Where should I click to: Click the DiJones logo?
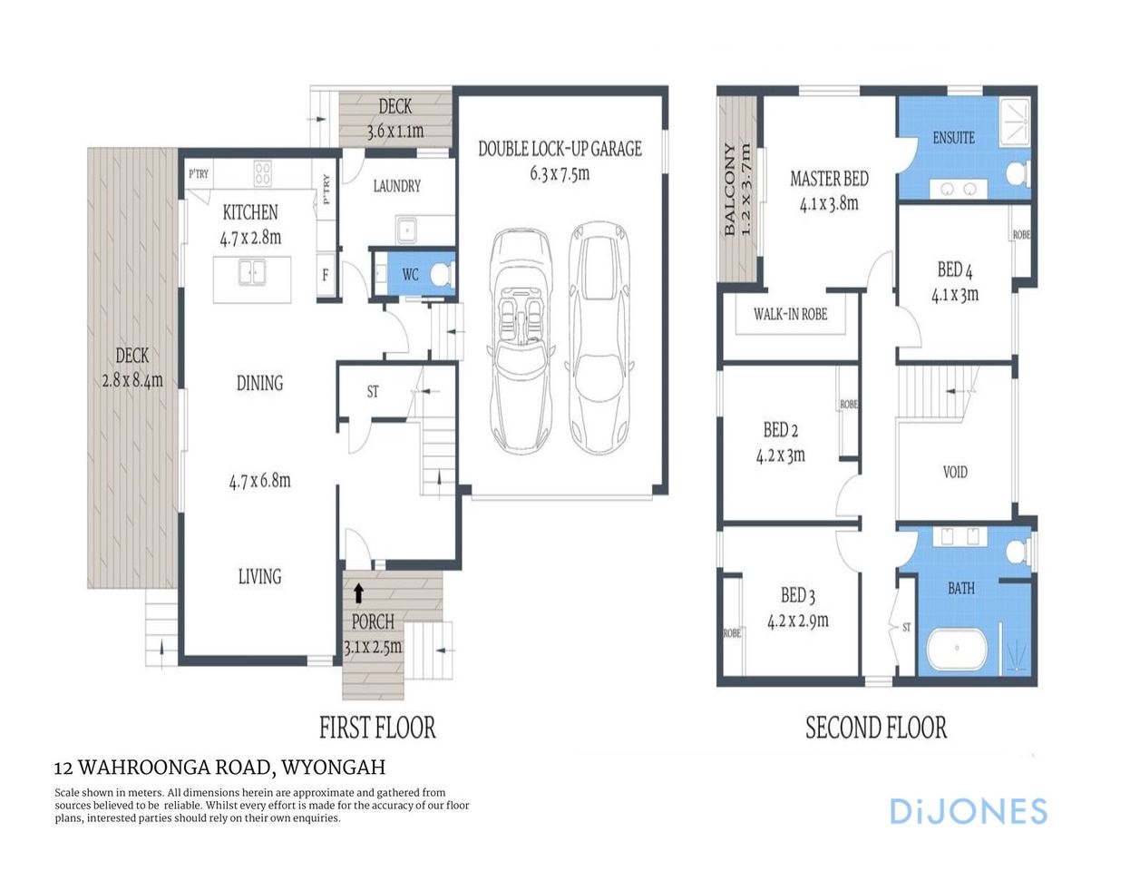point(968,811)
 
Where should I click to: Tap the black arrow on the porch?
point(358,593)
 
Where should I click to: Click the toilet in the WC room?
point(441,273)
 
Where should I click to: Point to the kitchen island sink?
point(252,271)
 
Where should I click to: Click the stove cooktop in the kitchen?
point(263,172)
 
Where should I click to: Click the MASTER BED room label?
point(829,179)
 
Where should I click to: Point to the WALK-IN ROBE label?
point(790,314)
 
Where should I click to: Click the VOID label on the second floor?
point(955,472)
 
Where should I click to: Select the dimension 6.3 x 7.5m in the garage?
point(560,173)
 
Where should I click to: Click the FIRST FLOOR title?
point(377,728)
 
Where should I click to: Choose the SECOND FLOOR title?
point(876,728)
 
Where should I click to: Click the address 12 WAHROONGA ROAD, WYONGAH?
point(219,768)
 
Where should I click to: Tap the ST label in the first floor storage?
point(373,392)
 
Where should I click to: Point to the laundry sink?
point(407,230)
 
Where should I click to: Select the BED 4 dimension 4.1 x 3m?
point(955,294)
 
